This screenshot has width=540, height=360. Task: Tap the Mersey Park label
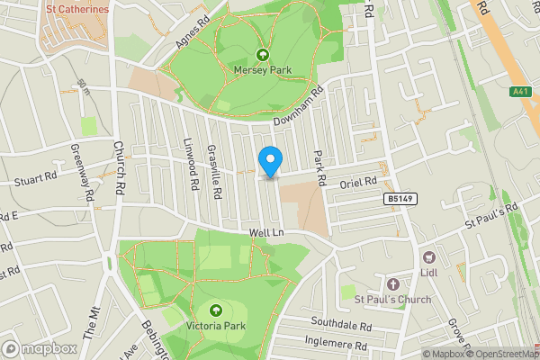(x=263, y=68)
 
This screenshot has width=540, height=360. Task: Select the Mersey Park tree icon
(x=263, y=53)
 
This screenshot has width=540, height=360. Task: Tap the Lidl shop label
(x=428, y=274)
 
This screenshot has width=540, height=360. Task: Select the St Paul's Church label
(x=392, y=299)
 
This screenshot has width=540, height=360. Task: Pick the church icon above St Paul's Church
(x=392, y=283)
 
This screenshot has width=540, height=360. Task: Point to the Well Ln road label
(x=266, y=233)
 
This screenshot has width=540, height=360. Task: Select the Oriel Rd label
(x=356, y=184)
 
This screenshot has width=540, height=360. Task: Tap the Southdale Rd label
(x=341, y=323)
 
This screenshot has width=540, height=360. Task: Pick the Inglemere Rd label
(x=341, y=343)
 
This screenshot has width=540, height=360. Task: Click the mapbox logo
(x=39, y=348)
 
